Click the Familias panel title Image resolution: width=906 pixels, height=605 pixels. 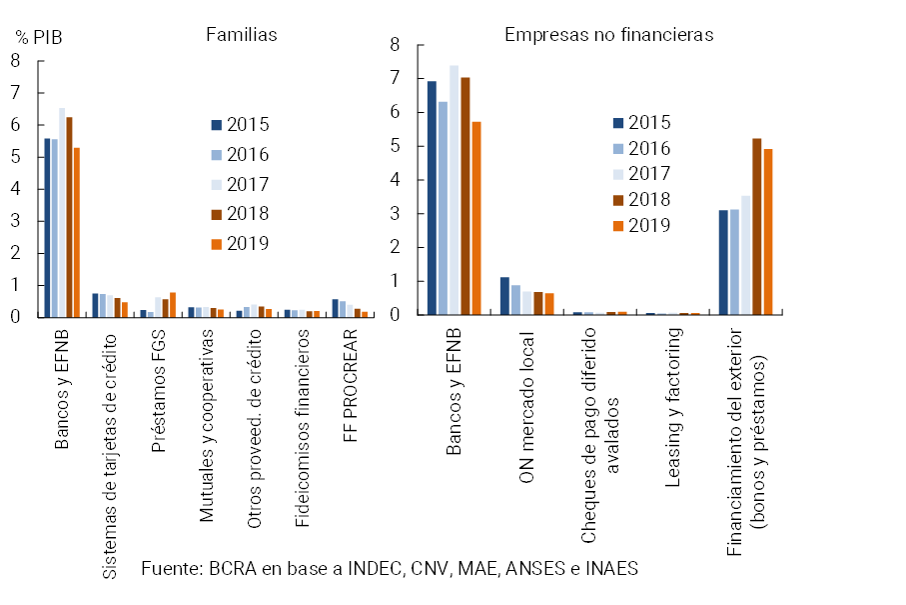tap(241, 34)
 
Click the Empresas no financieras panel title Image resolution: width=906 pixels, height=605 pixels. tap(608, 34)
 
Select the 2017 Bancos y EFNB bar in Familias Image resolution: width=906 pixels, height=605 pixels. tap(62, 212)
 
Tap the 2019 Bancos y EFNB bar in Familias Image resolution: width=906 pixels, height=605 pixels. tap(77, 232)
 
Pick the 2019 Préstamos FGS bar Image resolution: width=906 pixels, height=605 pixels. tap(173, 305)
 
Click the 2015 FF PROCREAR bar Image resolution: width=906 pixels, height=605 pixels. tap(336, 308)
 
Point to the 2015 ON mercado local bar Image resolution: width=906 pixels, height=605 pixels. tap(504, 296)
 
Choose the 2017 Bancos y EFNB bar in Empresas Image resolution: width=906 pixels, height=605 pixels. tap(453, 190)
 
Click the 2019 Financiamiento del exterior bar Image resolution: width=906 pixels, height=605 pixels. tap(768, 231)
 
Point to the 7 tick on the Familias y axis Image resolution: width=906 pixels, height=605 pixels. tap(15, 93)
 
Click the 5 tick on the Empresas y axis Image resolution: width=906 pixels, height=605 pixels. tap(396, 146)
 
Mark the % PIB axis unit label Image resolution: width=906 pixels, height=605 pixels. tap(38, 37)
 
